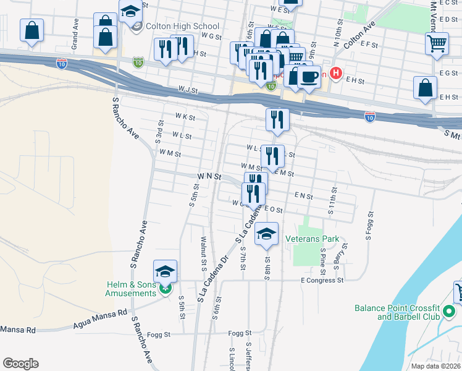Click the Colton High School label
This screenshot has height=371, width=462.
click(182, 26)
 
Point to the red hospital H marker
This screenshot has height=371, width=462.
click(335, 73)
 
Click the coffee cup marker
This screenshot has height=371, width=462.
click(309, 76)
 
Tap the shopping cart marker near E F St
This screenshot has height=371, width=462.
click(437, 43)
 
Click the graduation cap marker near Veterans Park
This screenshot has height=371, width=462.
click(266, 233)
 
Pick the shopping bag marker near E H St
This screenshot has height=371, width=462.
click(426, 88)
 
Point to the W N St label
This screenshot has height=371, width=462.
click(209, 177)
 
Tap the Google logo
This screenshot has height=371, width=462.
click(20, 363)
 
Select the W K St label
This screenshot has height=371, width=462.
click(185, 116)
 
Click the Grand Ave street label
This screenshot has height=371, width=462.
click(75, 41)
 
